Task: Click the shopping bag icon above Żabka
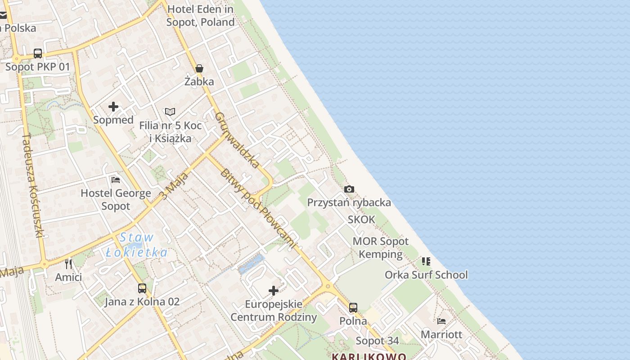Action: pos(199,68)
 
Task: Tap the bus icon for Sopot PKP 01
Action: pos(38,54)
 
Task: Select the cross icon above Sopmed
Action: pos(113,107)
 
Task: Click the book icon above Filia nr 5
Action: pos(170,112)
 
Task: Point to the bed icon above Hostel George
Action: pos(116,180)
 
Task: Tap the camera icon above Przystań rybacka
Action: pos(349,189)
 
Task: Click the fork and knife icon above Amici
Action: pos(68,264)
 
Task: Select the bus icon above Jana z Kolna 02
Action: pos(142,288)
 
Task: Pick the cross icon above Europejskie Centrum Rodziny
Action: pos(274,291)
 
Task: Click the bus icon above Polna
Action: pos(353,308)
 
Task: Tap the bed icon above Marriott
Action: pos(441,321)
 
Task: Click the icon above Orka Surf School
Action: pos(426,261)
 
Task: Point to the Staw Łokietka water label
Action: pos(137,245)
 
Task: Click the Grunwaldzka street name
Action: pos(237,140)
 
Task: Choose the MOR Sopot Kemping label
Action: pos(381,247)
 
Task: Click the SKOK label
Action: pos(361,220)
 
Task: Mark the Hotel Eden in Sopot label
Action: pos(200,15)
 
